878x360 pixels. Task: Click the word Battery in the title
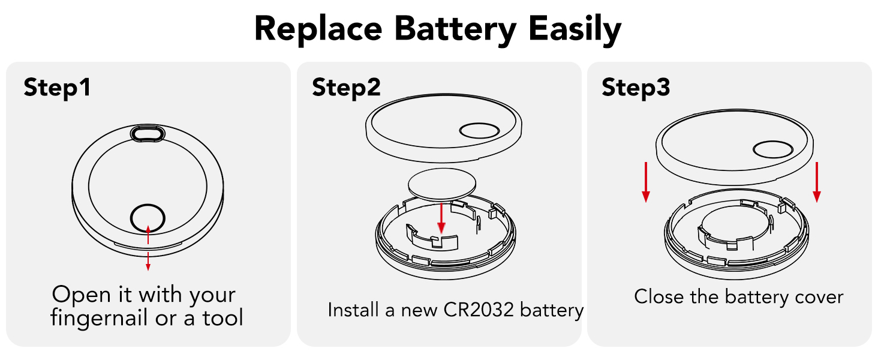(x=455, y=30)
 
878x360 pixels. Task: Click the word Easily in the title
(x=575, y=29)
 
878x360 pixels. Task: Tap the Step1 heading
(x=57, y=88)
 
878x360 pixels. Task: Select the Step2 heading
(x=346, y=88)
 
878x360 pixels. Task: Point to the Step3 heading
(x=636, y=88)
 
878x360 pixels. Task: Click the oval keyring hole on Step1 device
(x=148, y=133)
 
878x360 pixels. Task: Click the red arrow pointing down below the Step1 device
(x=148, y=262)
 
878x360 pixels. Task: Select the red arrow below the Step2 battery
(x=441, y=218)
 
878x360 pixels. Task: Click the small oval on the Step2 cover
(x=479, y=131)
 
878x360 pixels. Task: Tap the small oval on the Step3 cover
(x=773, y=149)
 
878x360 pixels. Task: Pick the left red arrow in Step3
(x=645, y=182)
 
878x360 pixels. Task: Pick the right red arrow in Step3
(x=817, y=182)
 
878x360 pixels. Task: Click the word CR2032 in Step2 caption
(x=478, y=310)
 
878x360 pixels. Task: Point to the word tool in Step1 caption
(x=222, y=317)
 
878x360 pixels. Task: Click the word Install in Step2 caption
(x=354, y=310)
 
